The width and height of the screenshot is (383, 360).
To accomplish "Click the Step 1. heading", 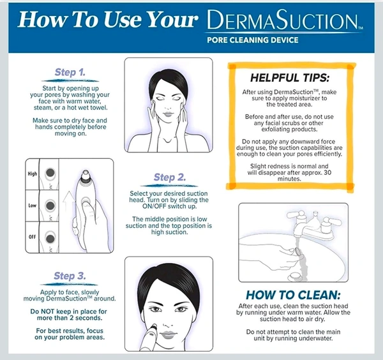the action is pyautogui.click(x=70, y=72).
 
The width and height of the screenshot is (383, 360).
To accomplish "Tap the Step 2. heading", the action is pyautogui.click(x=170, y=177).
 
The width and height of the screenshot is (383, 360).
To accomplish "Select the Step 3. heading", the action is pyautogui.click(x=70, y=276).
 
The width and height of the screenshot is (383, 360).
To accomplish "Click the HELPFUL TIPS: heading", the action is pyautogui.click(x=290, y=78).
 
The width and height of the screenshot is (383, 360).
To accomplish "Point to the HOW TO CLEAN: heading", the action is pyautogui.click(x=293, y=295).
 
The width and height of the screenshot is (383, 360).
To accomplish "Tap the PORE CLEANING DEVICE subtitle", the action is pyautogui.click(x=253, y=40).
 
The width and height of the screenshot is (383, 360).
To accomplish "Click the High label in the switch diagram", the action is pyautogui.click(x=33, y=174).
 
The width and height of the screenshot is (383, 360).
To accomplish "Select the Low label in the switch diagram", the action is pyautogui.click(x=33, y=206).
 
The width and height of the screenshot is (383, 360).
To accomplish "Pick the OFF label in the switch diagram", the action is pyautogui.click(x=33, y=237).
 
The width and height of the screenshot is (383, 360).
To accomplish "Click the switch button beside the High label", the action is pyautogui.click(x=50, y=173).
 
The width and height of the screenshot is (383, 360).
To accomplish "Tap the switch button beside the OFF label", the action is pyautogui.click(x=50, y=238).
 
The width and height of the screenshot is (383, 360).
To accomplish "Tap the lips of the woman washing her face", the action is pyautogui.click(x=167, y=114).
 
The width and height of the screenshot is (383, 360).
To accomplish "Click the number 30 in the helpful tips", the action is pyautogui.click(x=327, y=173).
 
